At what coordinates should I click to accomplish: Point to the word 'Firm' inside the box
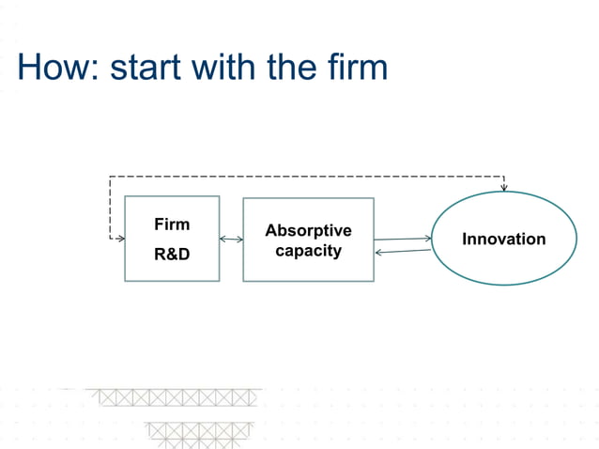(x=172, y=224)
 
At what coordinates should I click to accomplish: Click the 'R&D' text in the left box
(x=172, y=253)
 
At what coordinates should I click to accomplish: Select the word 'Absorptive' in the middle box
(x=308, y=230)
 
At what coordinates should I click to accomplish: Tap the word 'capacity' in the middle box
(x=308, y=251)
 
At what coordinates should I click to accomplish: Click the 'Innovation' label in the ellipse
(x=503, y=239)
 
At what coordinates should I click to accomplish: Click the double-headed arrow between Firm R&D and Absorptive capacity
(x=231, y=240)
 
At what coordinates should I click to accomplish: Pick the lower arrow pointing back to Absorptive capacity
(x=403, y=251)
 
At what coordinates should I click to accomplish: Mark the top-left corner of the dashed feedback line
(x=110, y=177)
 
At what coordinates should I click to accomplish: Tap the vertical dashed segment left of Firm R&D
(x=110, y=209)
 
